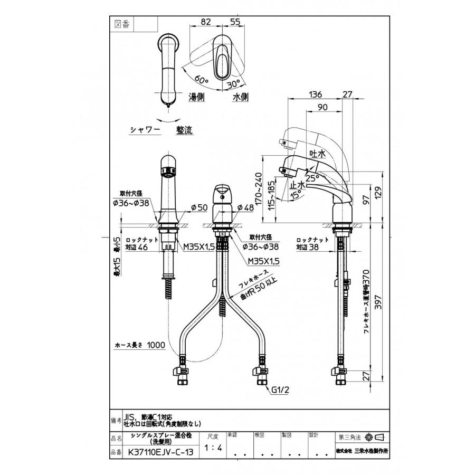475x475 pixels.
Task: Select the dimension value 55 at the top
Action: pos(235,22)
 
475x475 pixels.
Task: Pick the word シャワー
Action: pos(145,129)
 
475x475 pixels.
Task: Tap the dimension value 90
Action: pos(322,107)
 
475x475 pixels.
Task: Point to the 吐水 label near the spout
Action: pos(317,153)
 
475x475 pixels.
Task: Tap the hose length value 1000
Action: pos(156,345)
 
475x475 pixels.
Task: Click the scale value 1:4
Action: pos(212,448)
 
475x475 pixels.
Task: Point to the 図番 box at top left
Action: pos(121,24)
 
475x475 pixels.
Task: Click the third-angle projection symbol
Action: pos(374,438)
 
